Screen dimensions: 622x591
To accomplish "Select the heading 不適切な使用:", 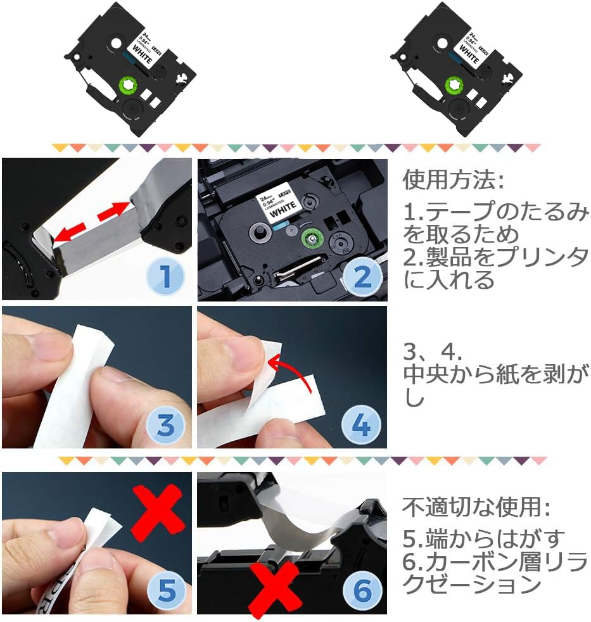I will pos(477,507).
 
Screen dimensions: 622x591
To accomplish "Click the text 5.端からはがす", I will pos(484,540).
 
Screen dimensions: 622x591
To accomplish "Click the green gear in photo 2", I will pos(310,239).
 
